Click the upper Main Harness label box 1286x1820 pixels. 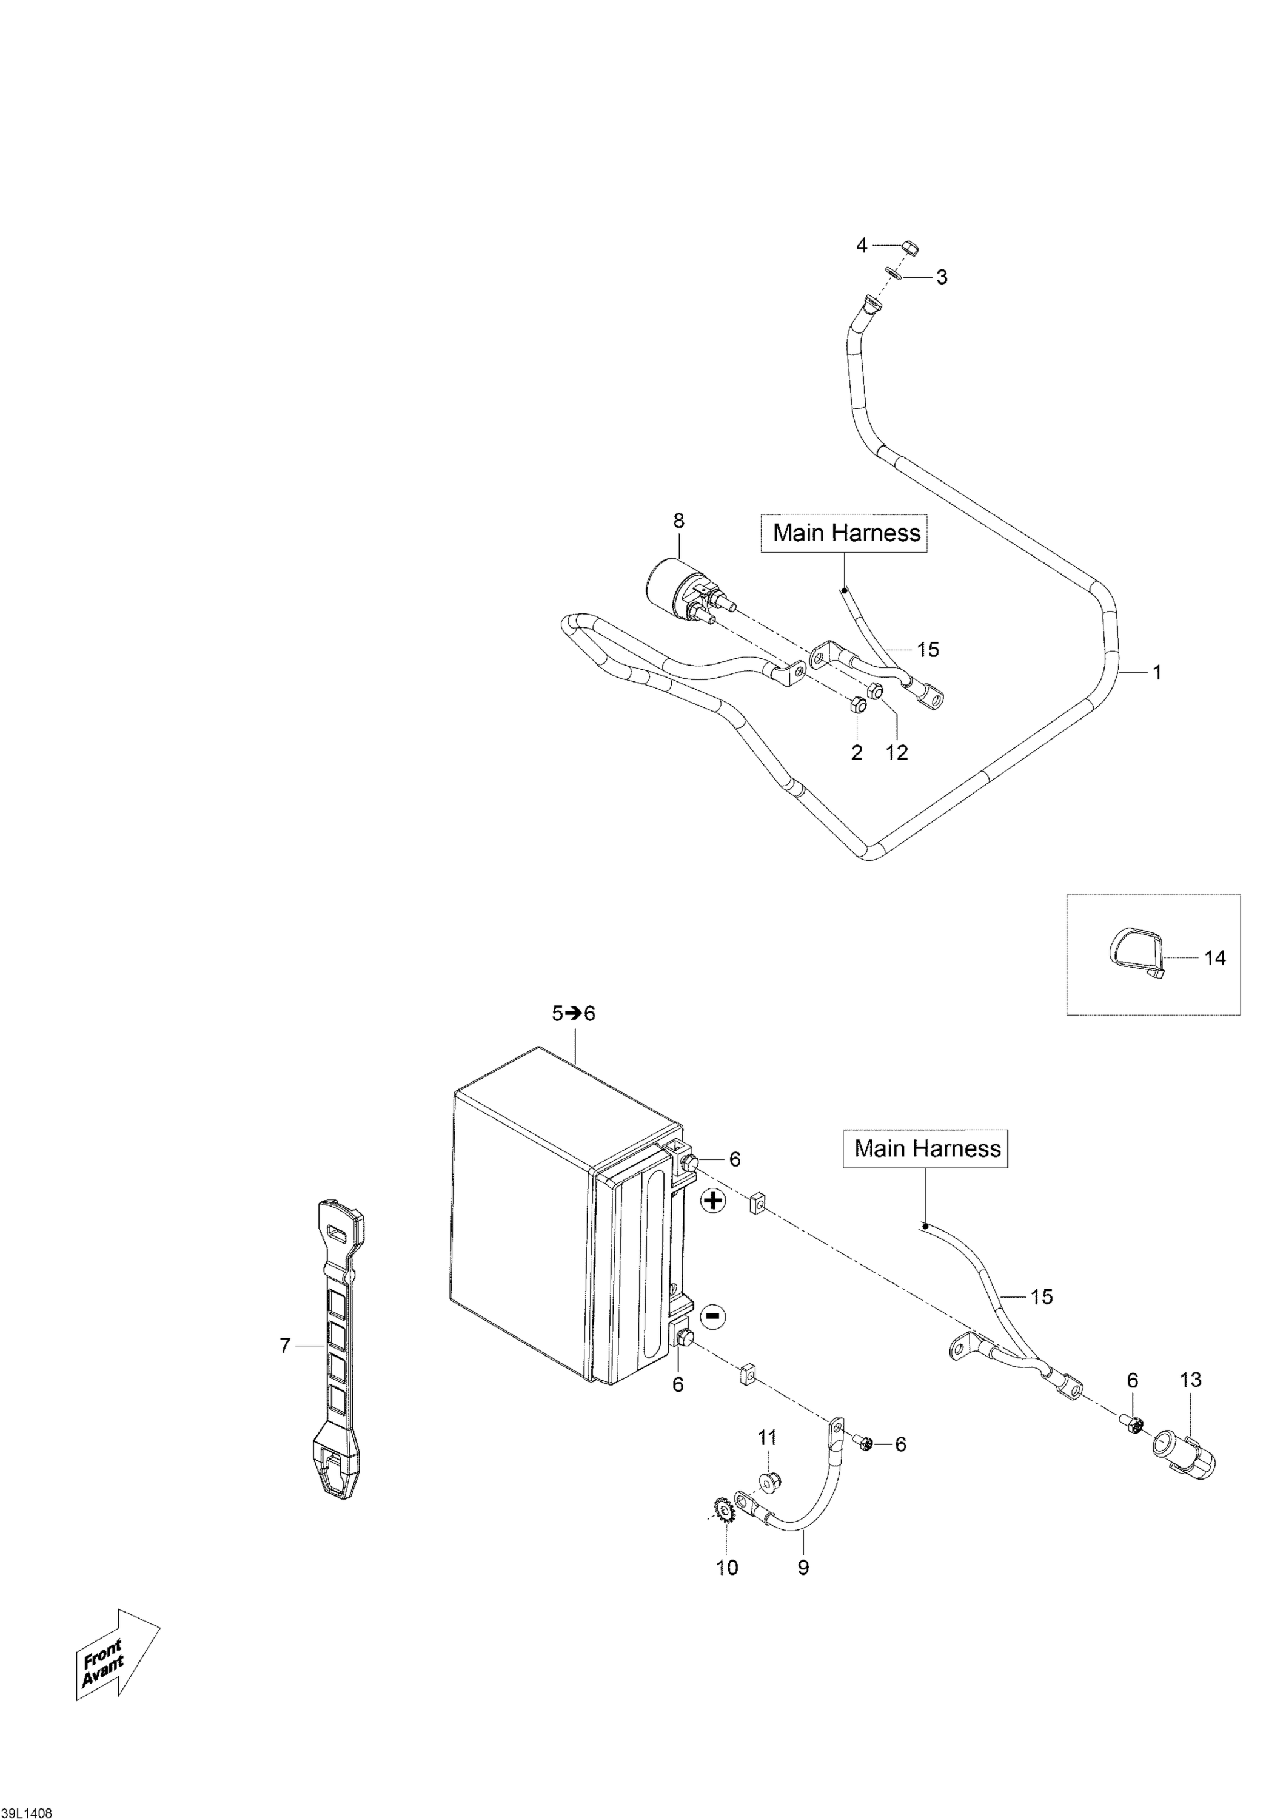coord(845,533)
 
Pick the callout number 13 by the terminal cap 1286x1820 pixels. coord(1190,1380)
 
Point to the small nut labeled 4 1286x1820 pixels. coord(909,248)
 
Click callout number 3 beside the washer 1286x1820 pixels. coord(942,277)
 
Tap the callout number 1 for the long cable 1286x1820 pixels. coord(1157,673)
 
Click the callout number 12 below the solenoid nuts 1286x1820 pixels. coord(896,752)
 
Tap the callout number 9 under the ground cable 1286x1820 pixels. coord(803,1567)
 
